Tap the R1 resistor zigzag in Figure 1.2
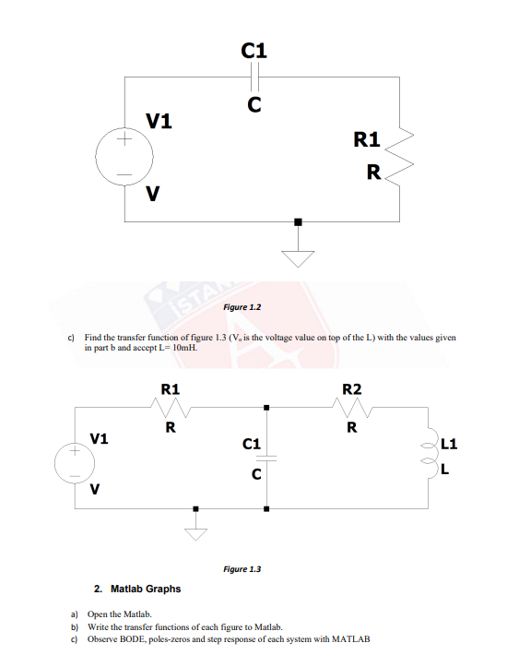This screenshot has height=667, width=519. click(x=400, y=157)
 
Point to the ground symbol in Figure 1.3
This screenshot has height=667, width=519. click(x=195, y=529)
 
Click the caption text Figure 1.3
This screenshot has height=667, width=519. click(x=242, y=569)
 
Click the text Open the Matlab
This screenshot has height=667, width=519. click(x=124, y=613)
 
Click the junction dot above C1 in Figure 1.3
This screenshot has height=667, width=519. click(x=266, y=407)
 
